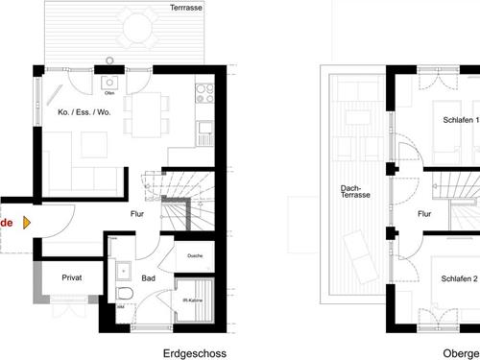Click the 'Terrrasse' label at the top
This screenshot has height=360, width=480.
click(x=184, y=8)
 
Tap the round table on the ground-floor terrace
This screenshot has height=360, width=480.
click(x=136, y=28)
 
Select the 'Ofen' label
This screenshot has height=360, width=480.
click(x=111, y=93)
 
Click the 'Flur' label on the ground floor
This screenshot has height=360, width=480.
click(x=136, y=215)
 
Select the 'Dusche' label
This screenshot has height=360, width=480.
click(x=195, y=255)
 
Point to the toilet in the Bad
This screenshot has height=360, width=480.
click(x=123, y=294)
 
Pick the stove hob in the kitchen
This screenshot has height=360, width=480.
click(x=204, y=93)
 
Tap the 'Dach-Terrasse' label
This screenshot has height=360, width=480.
click(x=356, y=192)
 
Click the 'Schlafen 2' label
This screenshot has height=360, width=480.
click(x=460, y=278)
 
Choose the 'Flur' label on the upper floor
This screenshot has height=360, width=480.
click(x=424, y=216)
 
